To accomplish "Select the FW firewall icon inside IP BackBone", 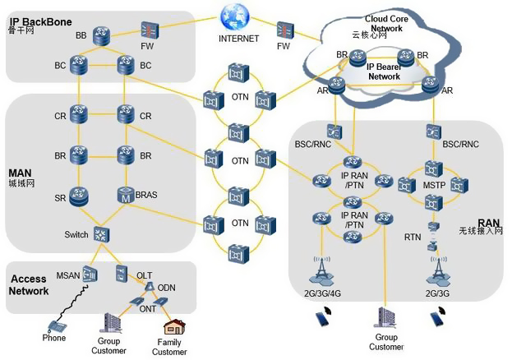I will tap(149, 30).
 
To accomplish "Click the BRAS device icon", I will tap(125, 196).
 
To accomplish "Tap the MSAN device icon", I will tap(90, 275).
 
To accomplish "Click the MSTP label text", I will tap(433, 187).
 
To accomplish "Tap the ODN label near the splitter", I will tap(167, 287).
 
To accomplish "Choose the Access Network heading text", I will tap(29, 284).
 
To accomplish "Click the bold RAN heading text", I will tap(489, 222).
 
